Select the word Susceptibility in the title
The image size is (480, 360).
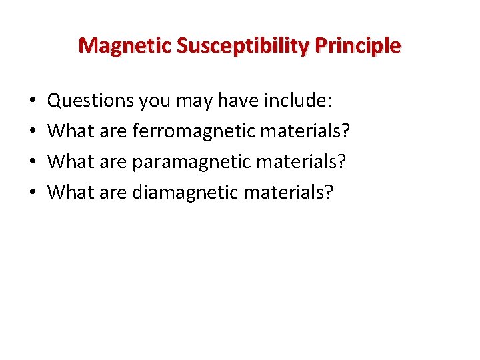pyautogui.click(x=229, y=46)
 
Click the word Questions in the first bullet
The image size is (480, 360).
pyautogui.click(x=91, y=101)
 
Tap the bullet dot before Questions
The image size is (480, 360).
pyautogui.click(x=33, y=102)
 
